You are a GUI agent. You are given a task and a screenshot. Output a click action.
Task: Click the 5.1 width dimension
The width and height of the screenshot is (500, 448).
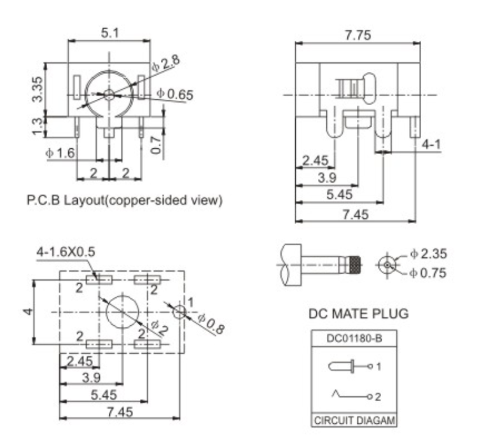coord(109,32)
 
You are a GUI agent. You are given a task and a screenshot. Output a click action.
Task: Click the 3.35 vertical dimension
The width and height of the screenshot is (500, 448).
coord(39,89)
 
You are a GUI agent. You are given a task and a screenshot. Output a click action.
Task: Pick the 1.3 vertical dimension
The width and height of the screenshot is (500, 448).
coord(39,125)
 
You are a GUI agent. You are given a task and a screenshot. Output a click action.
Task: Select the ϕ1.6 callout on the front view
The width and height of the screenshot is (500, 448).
coord(60,153)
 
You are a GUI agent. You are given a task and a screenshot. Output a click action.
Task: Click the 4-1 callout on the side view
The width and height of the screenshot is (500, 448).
coord(431,145)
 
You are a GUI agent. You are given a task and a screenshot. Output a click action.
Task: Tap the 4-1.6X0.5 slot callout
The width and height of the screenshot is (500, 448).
coord(66,252)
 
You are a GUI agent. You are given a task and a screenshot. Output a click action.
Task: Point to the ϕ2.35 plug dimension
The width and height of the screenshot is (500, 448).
coord(428,254)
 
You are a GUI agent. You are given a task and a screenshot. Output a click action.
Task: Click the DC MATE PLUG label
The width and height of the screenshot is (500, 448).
coord(358,313)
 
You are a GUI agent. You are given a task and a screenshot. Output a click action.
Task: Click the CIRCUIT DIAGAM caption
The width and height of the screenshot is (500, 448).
coord(354,421)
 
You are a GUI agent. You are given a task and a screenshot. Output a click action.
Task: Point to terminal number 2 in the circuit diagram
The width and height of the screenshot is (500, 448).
coord(377,397)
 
